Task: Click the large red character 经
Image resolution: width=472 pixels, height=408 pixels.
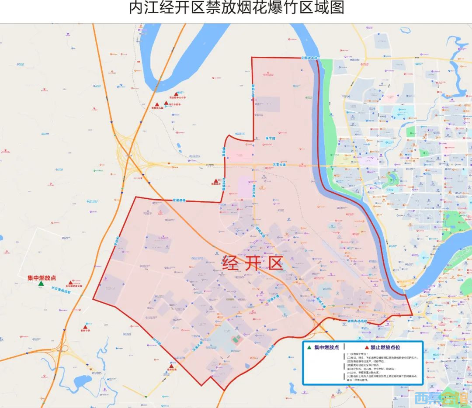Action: pos(233,263)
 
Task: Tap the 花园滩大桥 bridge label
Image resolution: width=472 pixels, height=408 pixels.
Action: pos(310,58)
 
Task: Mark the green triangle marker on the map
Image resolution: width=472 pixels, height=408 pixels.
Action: pos(41,284)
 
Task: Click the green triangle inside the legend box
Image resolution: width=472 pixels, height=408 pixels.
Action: pos(309,348)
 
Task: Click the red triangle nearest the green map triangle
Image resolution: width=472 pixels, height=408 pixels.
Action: pos(73,282)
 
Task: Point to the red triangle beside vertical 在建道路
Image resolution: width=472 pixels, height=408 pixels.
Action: pos(215,181)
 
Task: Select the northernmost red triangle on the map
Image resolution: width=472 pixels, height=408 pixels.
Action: pos(176,94)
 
